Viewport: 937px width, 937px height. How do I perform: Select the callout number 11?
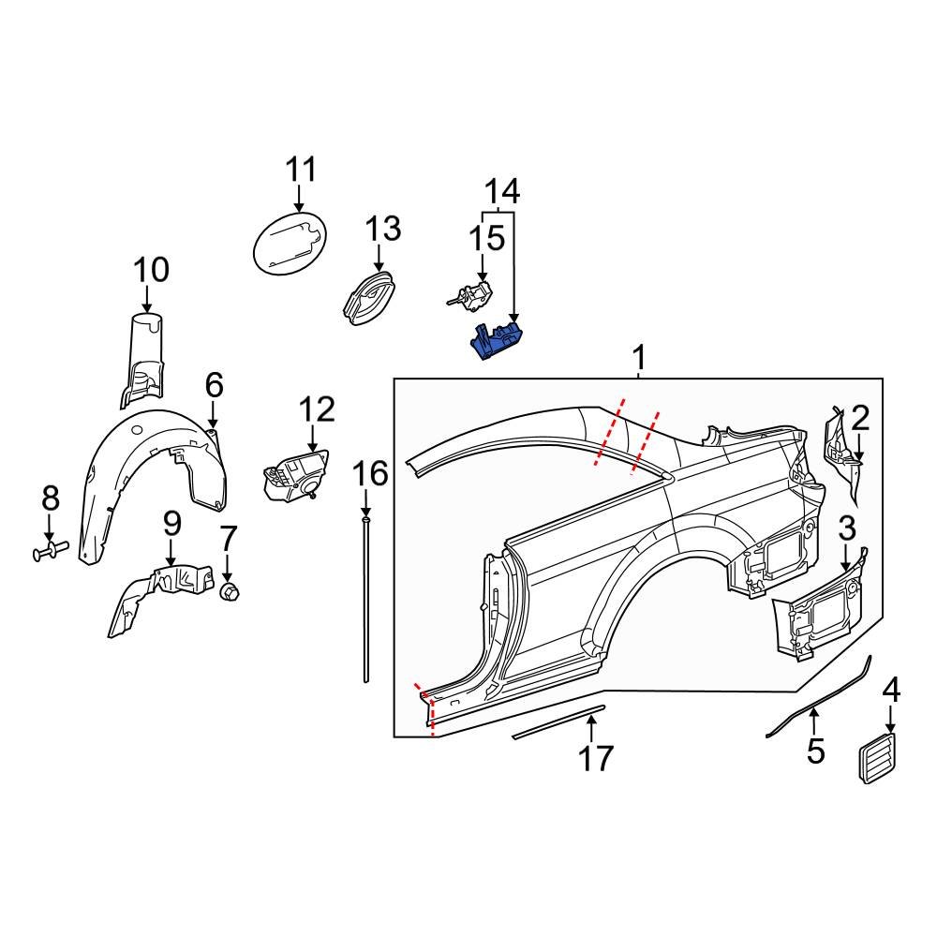(301, 171)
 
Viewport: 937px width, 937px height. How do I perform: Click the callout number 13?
(382, 229)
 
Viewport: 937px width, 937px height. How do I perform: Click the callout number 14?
(501, 191)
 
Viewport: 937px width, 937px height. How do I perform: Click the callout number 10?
(151, 271)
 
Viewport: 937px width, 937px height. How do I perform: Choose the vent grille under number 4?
(878, 754)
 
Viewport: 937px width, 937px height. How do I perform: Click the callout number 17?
(595, 758)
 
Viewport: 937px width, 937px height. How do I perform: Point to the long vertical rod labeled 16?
(365, 600)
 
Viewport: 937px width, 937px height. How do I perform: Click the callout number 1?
(639, 358)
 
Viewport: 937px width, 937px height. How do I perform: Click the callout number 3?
(846, 528)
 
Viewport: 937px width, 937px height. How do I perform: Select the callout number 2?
(860, 417)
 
